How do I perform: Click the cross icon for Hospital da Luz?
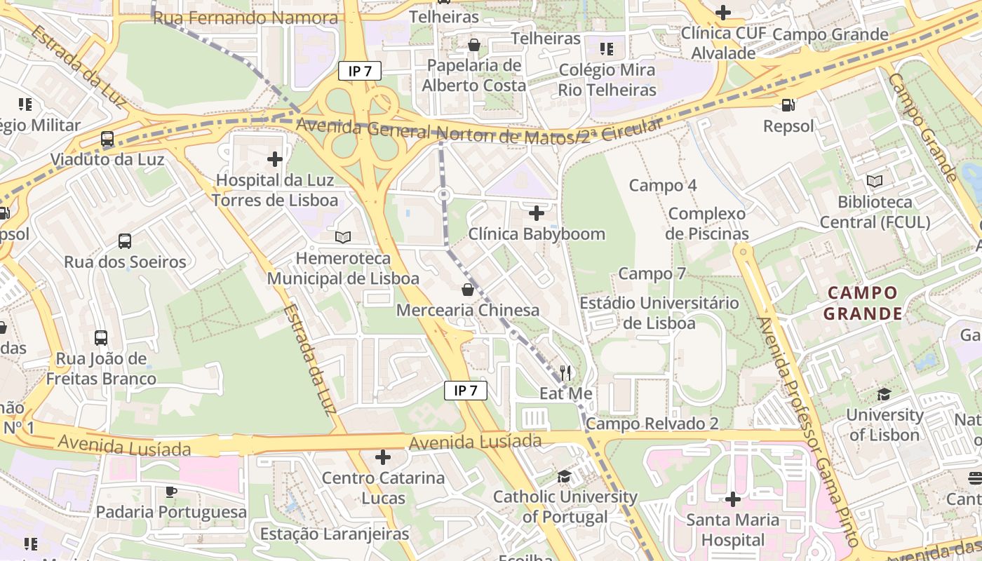tap(275, 159)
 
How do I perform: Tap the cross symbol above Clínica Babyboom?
tap(537, 212)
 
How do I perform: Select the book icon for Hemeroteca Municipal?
tap(343, 238)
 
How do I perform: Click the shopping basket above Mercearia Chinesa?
tap(468, 290)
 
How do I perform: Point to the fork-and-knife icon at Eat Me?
tap(566, 372)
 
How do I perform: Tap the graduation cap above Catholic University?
tap(565, 477)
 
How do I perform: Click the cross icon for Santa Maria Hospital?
tap(733, 499)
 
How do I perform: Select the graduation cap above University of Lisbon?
tap(884, 394)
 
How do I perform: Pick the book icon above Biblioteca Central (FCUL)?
tap(875, 182)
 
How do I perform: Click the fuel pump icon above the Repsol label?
tap(788, 105)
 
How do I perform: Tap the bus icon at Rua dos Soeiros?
tap(125, 241)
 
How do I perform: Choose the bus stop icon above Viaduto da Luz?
tap(107, 139)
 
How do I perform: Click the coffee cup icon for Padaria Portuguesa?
tap(171, 491)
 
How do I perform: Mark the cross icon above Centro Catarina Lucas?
tap(383, 458)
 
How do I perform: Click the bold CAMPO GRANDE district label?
tap(862, 303)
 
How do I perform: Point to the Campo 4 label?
tap(663, 186)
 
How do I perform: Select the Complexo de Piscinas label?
tap(708, 223)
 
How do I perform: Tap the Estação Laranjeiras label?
tap(334, 534)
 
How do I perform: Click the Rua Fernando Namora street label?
tap(245, 18)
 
